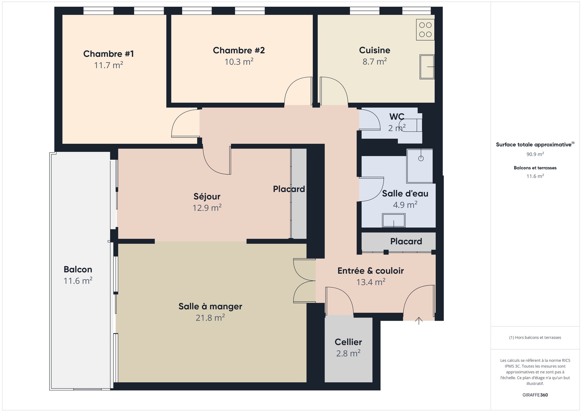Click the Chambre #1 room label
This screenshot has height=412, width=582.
pos(108,54)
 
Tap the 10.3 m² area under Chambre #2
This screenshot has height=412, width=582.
pos(239,62)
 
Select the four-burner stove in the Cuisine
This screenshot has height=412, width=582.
pos(425,30)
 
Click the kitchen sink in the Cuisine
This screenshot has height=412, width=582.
pos(427,67)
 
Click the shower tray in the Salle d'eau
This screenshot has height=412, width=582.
pos(420,166)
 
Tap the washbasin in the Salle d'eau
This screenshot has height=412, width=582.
pos(394,220)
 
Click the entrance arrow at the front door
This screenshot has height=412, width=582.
pos(419,321)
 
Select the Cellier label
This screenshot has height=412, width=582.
pos(348,342)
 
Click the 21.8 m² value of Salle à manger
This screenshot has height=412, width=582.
pos(210,318)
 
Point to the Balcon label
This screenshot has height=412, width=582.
pos(78,269)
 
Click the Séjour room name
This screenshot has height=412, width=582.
pos(207,196)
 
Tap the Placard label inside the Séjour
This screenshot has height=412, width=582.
pos(289,189)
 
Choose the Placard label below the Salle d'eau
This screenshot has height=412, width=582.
pos(406,241)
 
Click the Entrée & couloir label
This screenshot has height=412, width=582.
pos(370,271)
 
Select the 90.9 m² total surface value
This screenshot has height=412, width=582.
pos(535,154)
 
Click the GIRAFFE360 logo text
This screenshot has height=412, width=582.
pos(535,395)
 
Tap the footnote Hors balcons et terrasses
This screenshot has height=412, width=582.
pos(535,338)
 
